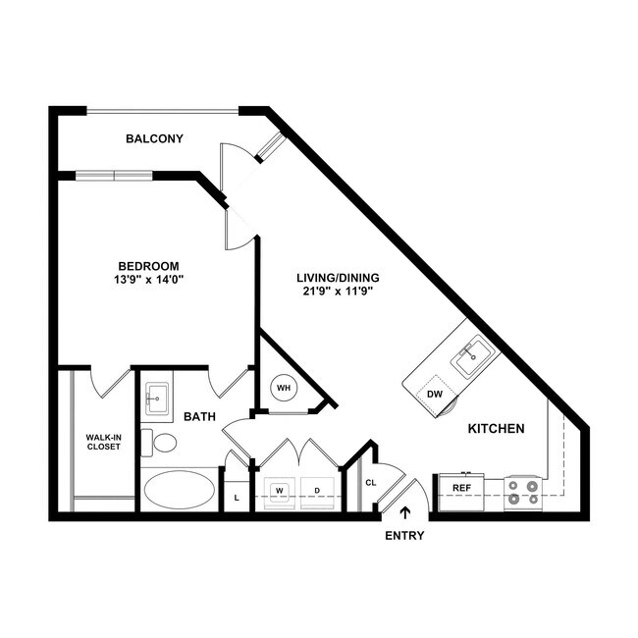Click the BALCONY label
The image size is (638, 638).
(x=154, y=138)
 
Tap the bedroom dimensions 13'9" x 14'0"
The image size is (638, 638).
(x=148, y=280)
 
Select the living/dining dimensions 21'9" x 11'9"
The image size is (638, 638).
(x=338, y=292)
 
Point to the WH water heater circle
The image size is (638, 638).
(x=284, y=388)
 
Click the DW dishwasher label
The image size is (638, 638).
(x=435, y=395)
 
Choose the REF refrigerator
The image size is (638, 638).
(x=461, y=492)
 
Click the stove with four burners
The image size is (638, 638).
(x=523, y=493)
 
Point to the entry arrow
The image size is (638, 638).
(x=404, y=512)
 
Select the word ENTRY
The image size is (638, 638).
(x=404, y=536)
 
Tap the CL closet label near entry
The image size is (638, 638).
(x=371, y=483)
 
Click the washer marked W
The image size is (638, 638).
(x=279, y=493)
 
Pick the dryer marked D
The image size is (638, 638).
(x=317, y=493)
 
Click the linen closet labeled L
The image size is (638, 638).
(x=237, y=498)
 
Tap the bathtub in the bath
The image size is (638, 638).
(x=180, y=490)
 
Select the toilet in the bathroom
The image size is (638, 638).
(x=159, y=443)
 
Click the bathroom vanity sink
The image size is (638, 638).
(x=157, y=399)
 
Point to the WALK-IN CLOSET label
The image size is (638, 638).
(x=104, y=442)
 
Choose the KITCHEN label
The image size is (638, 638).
(x=496, y=429)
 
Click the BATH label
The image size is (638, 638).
(x=199, y=416)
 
